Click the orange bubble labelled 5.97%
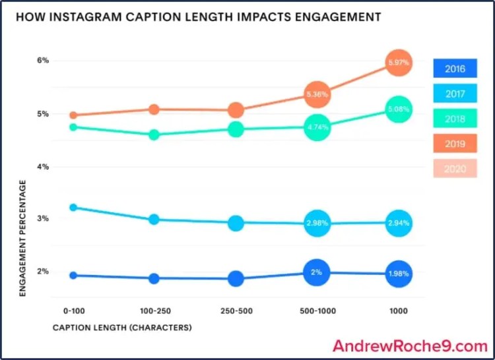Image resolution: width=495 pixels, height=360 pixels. (x=398, y=63)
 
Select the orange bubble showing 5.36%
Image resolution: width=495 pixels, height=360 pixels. (x=317, y=94)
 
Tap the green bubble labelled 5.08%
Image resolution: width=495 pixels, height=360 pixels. (x=398, y=109)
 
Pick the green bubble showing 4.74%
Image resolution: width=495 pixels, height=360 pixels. (x=317, y=128)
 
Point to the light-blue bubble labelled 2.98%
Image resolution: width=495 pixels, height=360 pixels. (x=317, y=224)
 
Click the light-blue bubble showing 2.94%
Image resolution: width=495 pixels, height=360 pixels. (x=398, y=224)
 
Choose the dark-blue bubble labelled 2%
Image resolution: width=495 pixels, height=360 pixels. (x=317, y=272)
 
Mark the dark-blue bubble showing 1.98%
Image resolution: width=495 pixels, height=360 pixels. (x=398, y=273)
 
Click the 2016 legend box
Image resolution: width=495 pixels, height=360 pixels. (x=455, y=69)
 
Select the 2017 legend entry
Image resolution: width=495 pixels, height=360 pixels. (x=455, y=94)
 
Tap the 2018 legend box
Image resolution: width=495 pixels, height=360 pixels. (x=455, y=119)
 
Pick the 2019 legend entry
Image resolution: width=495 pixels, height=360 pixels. (x=455, y=144)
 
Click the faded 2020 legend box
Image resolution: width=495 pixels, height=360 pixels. (x=455, y=169)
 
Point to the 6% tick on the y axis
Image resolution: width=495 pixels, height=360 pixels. (x=43, y=61)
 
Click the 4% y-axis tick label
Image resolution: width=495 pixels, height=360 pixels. (x=43, y=167)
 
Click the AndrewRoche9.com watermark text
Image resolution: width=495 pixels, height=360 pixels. (x=410, y=345)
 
